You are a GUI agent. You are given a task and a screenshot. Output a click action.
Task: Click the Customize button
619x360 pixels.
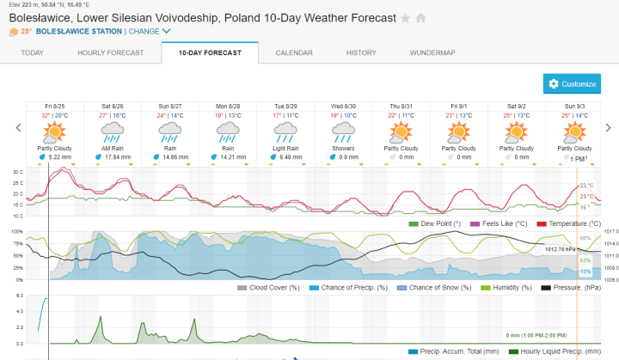tap(572, 84)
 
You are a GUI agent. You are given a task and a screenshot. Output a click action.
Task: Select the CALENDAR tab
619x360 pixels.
tap(293, 52)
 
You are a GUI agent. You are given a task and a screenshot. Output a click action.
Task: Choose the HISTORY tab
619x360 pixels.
tap(361, 52)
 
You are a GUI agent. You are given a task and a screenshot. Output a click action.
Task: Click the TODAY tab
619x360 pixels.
tap(32, 52)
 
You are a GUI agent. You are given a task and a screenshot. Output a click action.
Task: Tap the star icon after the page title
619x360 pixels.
tap(406, 17)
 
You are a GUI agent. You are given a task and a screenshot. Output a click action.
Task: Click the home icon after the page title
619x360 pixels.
tap(421, 17)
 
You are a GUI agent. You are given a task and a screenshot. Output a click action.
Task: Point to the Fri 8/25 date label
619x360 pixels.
tap(55, 106)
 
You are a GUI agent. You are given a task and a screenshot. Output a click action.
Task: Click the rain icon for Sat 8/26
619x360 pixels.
tap(113, 131)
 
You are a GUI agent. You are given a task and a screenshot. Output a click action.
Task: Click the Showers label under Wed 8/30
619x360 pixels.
tap(343, 148)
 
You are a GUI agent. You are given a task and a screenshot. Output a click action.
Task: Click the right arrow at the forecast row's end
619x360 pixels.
tap(608, 128)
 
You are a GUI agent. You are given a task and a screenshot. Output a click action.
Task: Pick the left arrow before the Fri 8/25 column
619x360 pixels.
tap(18, 128)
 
